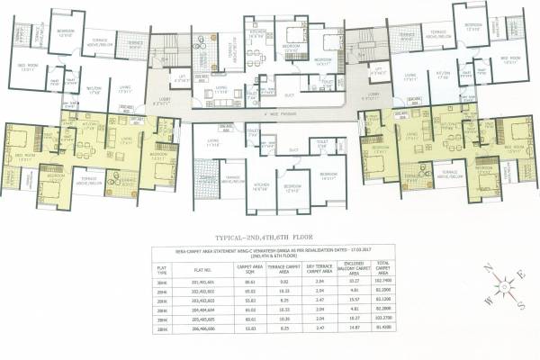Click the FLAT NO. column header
click(201, 266)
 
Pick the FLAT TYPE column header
click(163, 266)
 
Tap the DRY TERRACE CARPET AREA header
click(325, 266)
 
